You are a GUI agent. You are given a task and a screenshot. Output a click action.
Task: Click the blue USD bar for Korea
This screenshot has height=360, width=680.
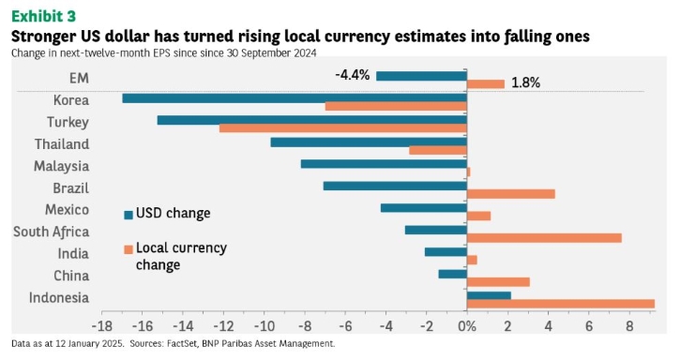click(295, 98)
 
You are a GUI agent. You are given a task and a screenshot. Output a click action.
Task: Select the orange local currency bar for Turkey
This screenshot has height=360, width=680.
click(343, 128)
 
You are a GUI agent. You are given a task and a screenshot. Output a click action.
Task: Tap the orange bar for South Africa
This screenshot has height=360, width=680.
click(544, 238)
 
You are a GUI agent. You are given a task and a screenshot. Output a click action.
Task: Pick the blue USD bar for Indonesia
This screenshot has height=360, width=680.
click(489, 296)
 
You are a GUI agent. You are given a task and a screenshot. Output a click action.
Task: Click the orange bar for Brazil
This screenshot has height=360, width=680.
click(511, 194)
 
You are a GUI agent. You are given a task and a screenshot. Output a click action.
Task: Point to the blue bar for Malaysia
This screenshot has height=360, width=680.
click(384, 164)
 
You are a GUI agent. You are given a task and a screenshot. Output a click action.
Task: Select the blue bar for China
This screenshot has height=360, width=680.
click(453, 274)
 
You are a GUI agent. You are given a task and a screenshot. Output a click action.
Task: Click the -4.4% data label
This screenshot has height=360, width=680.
click(353, 75)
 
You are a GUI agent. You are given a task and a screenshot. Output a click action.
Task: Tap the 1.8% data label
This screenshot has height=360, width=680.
click(525, 82)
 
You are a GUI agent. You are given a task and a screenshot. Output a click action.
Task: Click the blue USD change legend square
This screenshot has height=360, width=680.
click(128, 215)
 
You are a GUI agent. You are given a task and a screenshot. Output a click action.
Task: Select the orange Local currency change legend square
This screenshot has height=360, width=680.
click(128, 249)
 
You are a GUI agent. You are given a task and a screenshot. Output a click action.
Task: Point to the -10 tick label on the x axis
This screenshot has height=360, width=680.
click(264, 326)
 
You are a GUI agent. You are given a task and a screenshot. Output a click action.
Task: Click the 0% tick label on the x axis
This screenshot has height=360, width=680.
click(467, 326)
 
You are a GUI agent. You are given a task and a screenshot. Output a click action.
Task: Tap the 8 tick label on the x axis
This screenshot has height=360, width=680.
click(629, 326)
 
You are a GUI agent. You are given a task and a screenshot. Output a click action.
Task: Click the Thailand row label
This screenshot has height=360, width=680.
click(62, 144)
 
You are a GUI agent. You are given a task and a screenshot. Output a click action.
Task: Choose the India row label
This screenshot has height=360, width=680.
click(73, 253)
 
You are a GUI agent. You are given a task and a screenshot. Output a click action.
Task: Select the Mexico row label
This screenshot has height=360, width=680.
click(68, 210)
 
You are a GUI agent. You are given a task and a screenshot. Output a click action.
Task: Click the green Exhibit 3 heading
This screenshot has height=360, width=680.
click(43, 16)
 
